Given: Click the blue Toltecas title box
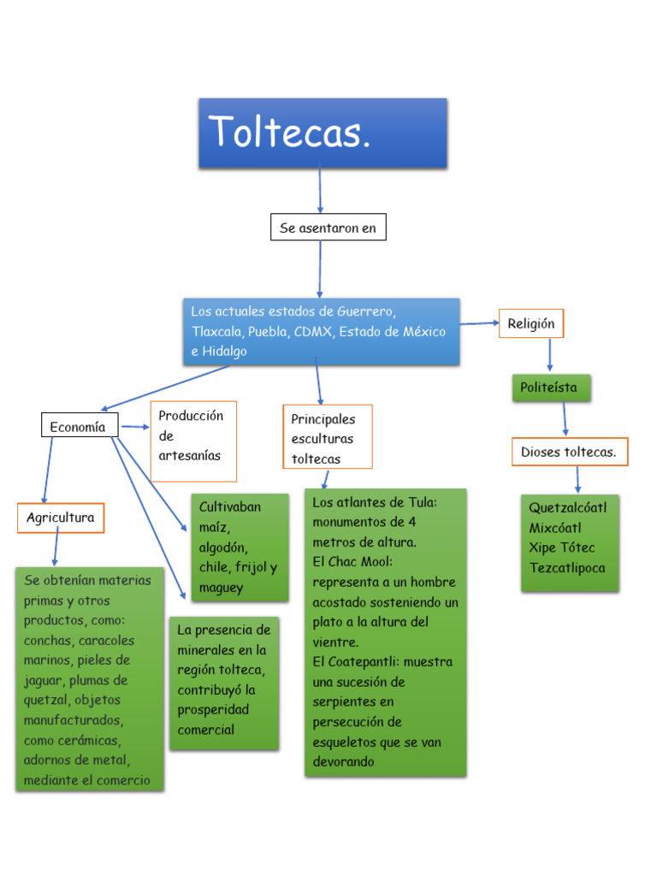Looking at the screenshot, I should (x=323, y=133).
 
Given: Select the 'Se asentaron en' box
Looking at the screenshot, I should (x=328, y=228).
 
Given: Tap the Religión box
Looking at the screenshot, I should (x=531, y=324).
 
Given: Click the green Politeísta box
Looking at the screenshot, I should (x=550, y=388).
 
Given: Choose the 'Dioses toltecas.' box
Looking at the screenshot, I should (x=569, y=452).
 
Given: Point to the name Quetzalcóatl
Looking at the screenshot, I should (x=567, y=508).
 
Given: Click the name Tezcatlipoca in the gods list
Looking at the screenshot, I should (x=567, y=568).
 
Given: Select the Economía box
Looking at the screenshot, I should (x=79, y=426).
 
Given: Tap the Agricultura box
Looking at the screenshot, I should (x=61, y=518).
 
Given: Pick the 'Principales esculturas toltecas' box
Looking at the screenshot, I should (x=327, y=438).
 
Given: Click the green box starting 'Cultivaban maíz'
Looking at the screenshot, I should (x=239, y=547).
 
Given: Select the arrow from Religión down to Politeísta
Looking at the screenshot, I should (x=549, y=355).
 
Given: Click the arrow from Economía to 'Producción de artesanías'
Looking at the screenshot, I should (x=135, y=426).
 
